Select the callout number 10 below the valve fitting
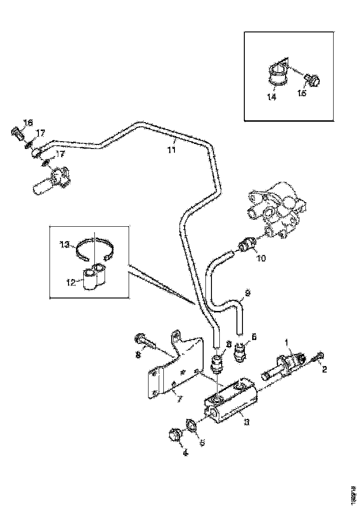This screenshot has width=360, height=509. click(261, 258)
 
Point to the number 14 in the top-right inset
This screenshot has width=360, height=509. click(272, 98)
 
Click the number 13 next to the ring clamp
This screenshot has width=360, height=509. click(65, 244)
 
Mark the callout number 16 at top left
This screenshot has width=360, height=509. click(28, 122)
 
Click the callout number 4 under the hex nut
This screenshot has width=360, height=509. click(185, 453)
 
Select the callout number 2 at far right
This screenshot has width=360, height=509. click(324, 370)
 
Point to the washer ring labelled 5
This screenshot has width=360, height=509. click(191, 425)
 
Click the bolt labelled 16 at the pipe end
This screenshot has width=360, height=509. click(18, 135)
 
